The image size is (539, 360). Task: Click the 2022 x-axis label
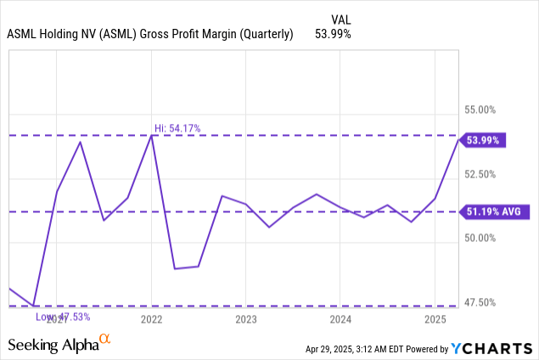(151, 319)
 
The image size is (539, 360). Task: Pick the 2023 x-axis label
(245, 319)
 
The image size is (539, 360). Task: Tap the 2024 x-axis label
(340, 319)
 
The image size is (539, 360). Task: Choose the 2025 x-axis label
(435, 319)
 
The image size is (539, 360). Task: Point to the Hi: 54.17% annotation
(177, 128)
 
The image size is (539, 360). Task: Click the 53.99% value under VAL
(333, 34)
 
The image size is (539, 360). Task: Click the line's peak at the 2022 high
(151, 135)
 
